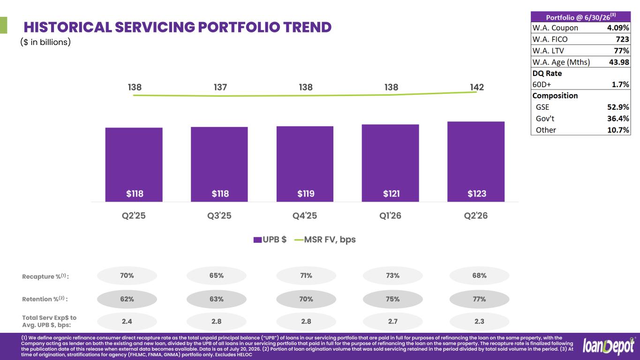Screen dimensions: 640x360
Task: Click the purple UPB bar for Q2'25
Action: tap(134, 165)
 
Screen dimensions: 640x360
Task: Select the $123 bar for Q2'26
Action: tap(476, 162)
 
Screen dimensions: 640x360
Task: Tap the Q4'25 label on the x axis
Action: tap(305, 216)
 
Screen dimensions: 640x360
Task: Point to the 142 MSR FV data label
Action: tap(477, 87)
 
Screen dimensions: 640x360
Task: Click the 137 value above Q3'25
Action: tap(220, 87)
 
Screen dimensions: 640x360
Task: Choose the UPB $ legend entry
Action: tap(270, 240)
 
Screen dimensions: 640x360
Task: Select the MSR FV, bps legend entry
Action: tap(325, 240)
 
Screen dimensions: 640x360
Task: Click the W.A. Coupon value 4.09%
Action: tap(618, 28)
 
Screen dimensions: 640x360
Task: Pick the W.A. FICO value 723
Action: tap(622, 39)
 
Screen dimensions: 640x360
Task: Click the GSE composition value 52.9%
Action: tap(618, 107)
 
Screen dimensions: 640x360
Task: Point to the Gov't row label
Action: tap(545, 119)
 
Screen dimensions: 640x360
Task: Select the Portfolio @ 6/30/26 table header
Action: tap(581, 17)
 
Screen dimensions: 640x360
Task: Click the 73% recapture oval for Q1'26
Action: tap(392, 276)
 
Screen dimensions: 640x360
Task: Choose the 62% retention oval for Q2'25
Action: tap(127, 299)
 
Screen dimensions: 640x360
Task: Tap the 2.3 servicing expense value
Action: tap(479, 322)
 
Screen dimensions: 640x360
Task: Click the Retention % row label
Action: tap(45, 299)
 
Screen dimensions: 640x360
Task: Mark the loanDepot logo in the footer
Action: tap(608, 346)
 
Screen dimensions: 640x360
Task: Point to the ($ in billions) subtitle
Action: tap(45, 42)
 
